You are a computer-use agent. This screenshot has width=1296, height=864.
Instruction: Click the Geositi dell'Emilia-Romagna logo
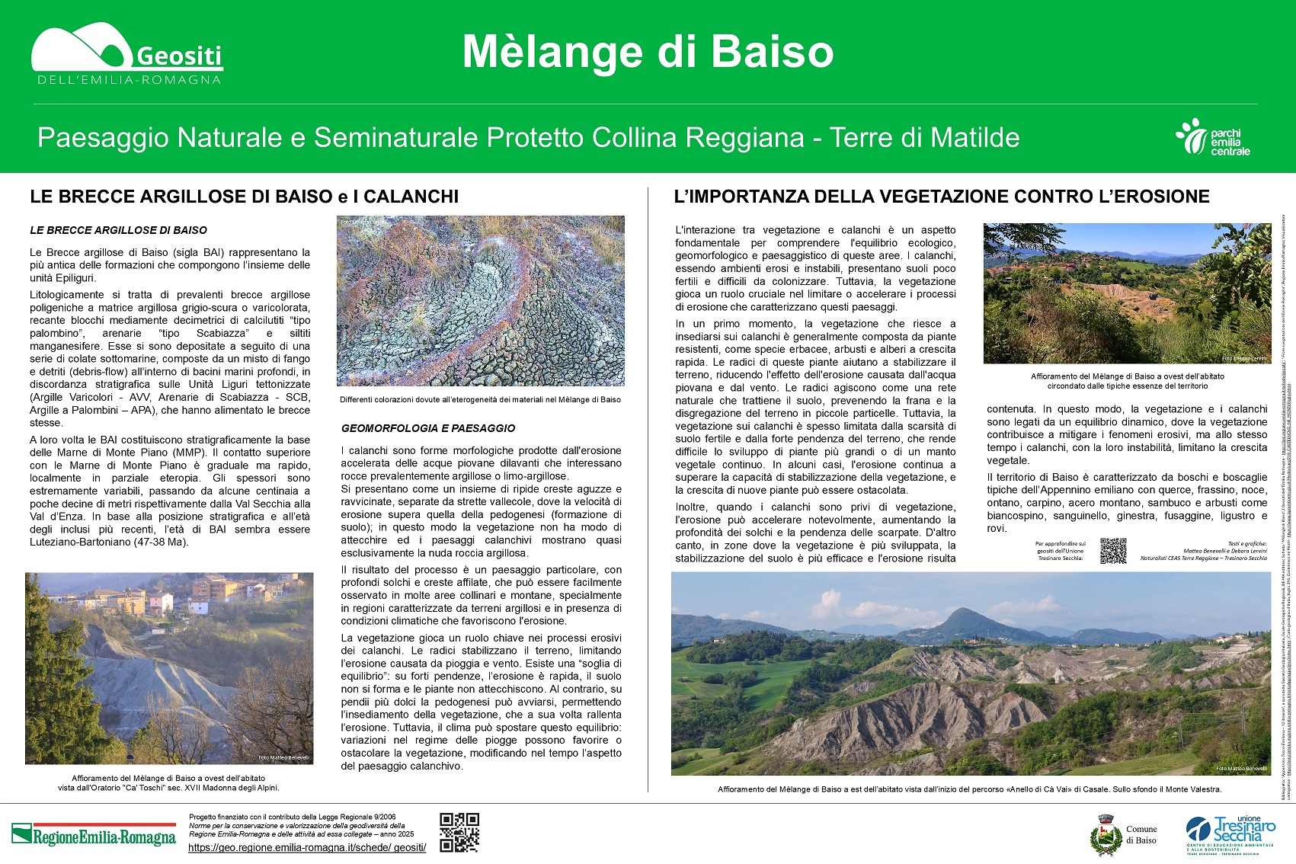coord(126,55)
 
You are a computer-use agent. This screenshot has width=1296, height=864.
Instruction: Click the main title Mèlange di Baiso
coord(648,52)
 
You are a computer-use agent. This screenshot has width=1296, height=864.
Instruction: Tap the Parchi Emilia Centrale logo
coord(1213,138)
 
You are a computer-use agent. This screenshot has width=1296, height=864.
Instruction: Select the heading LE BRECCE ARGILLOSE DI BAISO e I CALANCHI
coord(244,197)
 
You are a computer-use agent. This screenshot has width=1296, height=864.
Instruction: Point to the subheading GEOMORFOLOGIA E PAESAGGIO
coord(428,428)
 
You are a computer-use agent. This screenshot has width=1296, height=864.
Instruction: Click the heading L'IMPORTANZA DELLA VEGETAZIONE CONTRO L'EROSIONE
coord(942,197)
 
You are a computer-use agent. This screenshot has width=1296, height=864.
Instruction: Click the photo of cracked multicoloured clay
coord(480,301)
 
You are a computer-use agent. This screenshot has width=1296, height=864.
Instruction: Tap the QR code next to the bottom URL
coord(459,832)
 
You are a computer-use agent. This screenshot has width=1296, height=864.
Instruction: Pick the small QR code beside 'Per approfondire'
coord(1113,551)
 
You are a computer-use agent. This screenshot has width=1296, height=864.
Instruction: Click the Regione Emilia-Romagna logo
coord(94,835)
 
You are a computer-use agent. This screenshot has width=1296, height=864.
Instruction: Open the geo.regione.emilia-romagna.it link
coord(307,847)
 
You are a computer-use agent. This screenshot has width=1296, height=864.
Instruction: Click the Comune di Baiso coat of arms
coord(1106,835)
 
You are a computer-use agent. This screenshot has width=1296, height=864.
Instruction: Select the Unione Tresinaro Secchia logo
coord(1230,834)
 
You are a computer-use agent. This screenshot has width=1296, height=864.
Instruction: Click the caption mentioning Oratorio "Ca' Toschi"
coord(168,788)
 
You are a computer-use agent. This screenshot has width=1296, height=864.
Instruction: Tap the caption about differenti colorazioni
coord(480,399)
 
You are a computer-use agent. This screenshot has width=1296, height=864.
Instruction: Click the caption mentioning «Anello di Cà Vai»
coord(969,789)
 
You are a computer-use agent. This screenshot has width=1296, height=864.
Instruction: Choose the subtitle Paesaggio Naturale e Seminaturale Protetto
coord(528,138)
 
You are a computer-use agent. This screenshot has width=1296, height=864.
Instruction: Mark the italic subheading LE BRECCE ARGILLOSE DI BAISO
coord(118,230)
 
